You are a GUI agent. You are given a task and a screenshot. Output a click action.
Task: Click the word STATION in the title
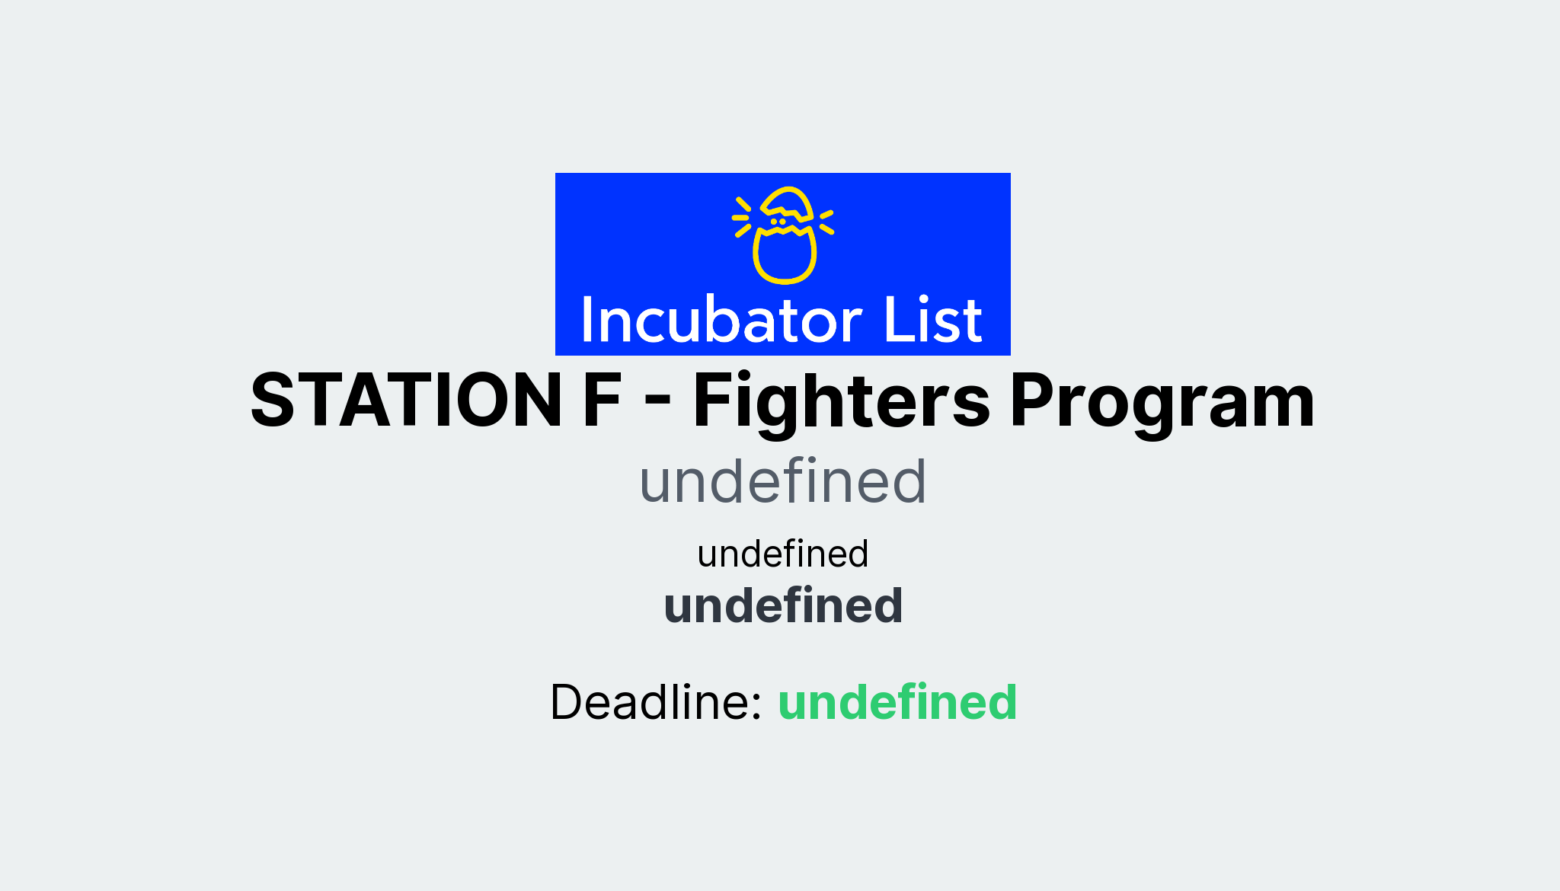coord(406,401)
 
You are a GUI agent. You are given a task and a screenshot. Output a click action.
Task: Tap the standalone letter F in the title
coord(602,401)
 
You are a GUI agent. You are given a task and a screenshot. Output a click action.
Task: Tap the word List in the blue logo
coord(932,320)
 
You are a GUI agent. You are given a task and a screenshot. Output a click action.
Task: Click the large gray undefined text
coord(782,481)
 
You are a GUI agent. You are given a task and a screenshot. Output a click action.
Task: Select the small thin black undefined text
coord(782,554)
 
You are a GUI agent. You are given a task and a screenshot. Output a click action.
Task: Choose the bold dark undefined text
coord(782,605)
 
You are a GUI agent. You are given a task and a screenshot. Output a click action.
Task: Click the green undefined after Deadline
coord(897,701)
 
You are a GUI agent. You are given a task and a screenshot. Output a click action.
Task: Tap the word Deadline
coord(656,701)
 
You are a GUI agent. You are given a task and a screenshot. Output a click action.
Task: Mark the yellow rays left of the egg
coord(742,217)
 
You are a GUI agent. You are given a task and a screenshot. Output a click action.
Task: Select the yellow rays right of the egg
coord(826,222)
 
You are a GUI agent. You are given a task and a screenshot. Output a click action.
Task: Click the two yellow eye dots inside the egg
coord(777,222)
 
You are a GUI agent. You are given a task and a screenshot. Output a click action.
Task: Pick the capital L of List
coord(894,320)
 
